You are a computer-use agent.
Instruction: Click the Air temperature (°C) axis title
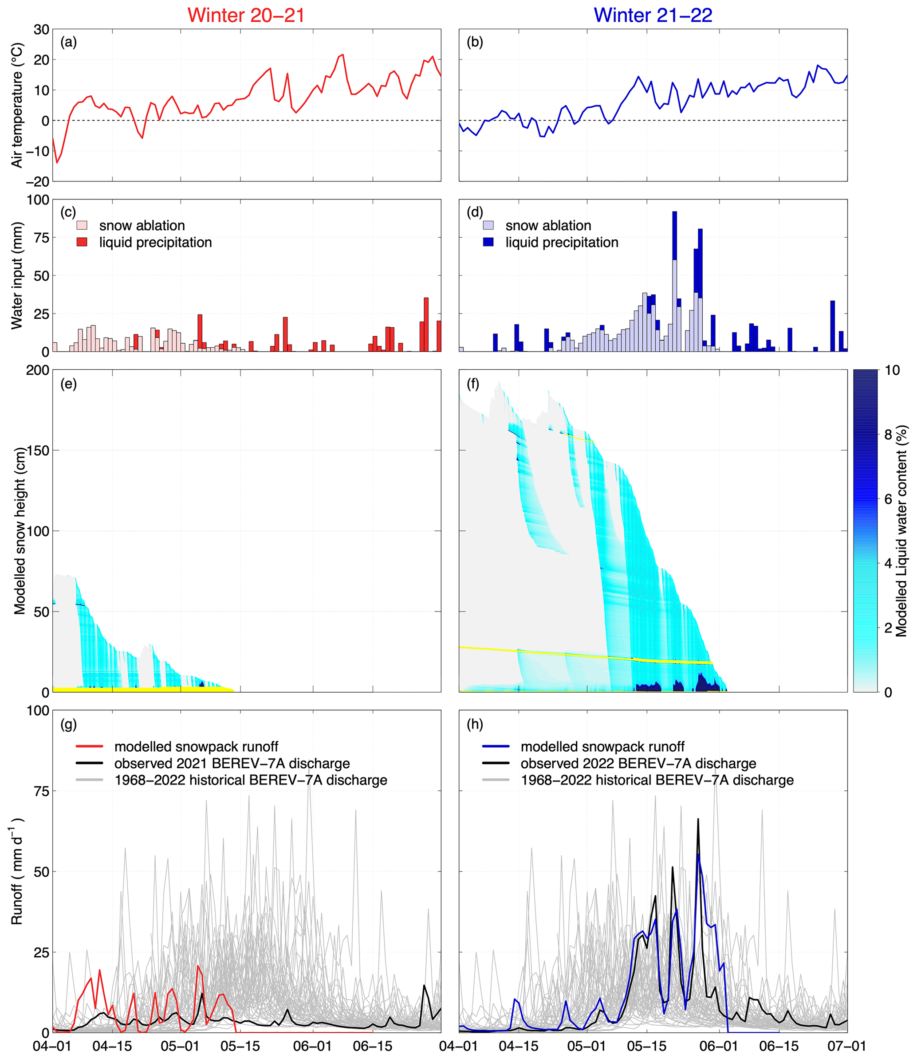tap(17, 105)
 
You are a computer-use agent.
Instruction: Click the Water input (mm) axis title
tap(17, 275)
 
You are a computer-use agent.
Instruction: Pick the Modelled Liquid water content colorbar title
tap(901, 530)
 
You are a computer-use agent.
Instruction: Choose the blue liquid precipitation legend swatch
tap(488, 242)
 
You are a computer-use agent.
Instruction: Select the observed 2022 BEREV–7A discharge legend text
tap(638, 763)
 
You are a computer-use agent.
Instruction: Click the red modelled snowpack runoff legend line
tap(89, 746)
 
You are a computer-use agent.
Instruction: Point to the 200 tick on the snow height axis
tap(37, 370)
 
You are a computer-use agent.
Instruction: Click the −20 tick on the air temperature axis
tap(37, 182)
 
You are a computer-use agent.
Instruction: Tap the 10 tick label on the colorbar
tap(892, 370)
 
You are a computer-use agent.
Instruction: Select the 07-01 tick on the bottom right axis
tap(847, 1046)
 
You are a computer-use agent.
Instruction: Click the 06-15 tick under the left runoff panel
tap(373, 1046)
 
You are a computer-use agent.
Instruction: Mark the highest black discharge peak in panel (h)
tap(698, 820)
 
